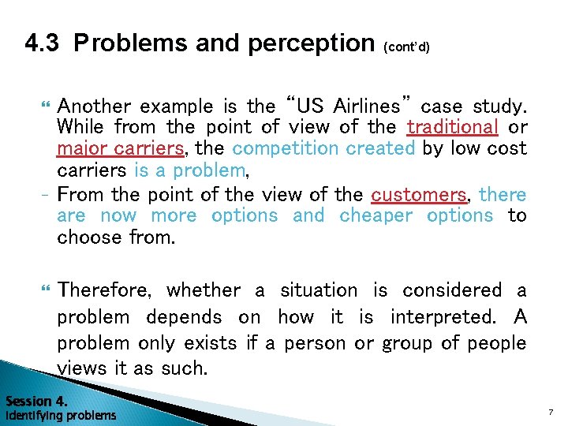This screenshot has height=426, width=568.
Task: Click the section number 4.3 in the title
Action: [x=43, y=43]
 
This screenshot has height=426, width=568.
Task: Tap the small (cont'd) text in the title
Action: [x=406, y=47]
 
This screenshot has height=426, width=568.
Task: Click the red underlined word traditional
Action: [x=452, y=127]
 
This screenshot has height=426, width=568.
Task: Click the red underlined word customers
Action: [x=419, y=195]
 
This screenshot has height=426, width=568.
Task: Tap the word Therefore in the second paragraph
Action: [x=105, y=290]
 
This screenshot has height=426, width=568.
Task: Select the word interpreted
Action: [x=443, y=317]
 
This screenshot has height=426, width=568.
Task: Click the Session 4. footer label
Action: [x=35, y=401]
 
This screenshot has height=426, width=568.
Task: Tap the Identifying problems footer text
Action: [x=60, y=415]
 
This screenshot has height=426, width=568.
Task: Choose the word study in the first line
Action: [x=500, y=106]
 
